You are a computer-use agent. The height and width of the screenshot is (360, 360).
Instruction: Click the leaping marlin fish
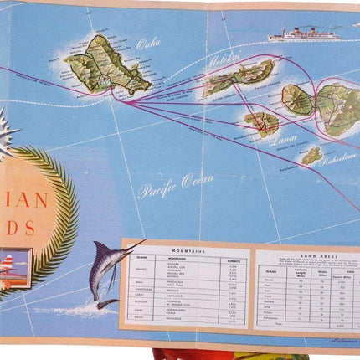point(107,268)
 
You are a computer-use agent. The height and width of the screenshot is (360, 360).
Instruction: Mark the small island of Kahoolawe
point(312,155)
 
